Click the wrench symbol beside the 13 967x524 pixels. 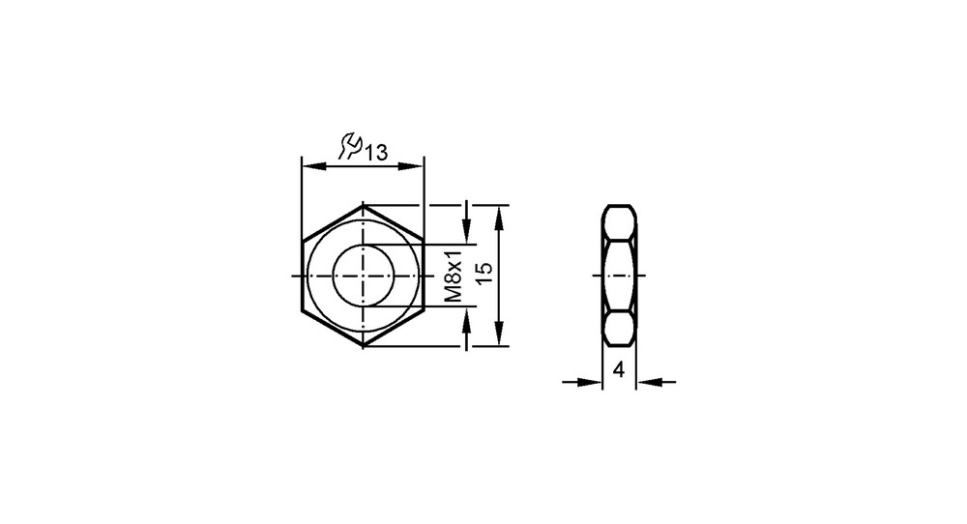(x=350, y=145)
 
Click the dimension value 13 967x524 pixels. (x=375, y=152)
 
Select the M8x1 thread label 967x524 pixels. (x=454, y=276)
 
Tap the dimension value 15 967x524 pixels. (x=485, y=273)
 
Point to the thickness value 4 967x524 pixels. (x=619, y=370)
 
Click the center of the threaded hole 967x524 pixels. (x=364, y=275)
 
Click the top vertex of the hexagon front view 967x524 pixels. (x=364, y=205)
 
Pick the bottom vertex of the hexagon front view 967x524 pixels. (x=364, y=346)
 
